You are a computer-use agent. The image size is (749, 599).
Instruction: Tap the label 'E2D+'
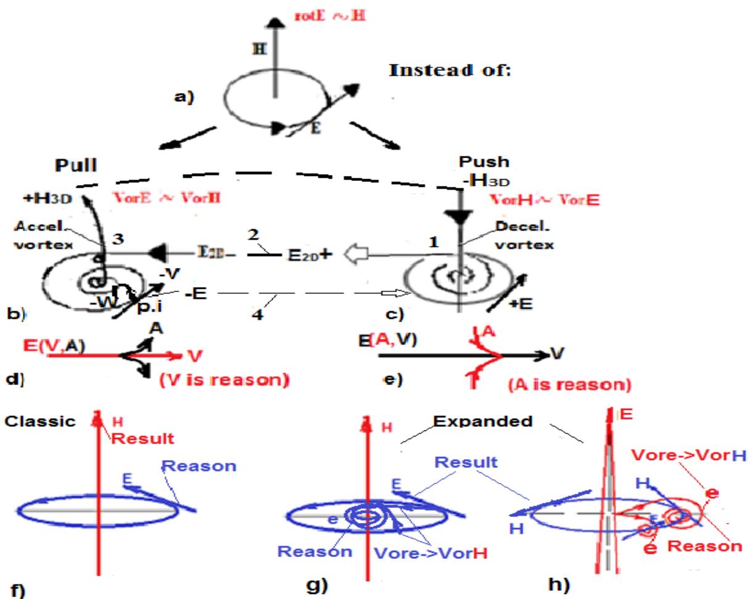[310, 254]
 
